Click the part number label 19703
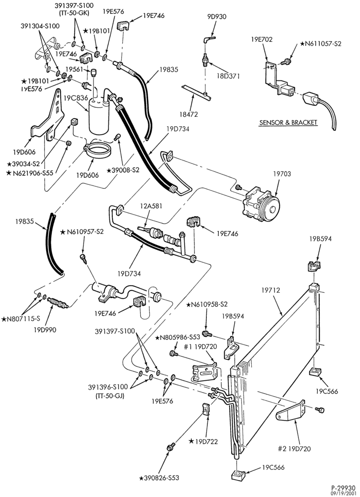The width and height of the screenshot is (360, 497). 282,174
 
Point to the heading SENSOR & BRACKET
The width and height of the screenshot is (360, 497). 288,122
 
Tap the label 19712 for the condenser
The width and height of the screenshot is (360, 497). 271,290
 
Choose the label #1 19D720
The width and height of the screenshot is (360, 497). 200,346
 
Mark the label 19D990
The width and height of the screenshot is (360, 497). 45,330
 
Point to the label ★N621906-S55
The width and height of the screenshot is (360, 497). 31,173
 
